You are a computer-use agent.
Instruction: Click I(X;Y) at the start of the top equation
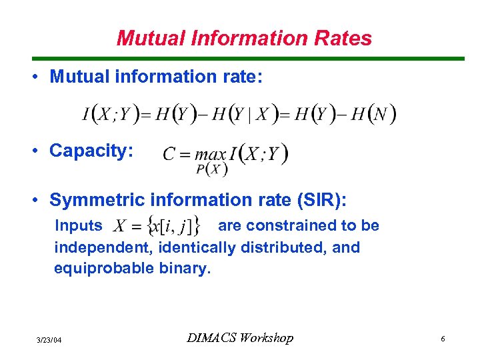point(109,114)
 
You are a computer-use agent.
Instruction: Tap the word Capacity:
point(91,151)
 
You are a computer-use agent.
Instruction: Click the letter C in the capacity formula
point(169,155)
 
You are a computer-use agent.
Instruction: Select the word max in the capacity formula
point(210,155)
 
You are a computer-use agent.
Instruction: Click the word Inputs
point(78,226)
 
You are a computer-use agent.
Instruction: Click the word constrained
point(279,226)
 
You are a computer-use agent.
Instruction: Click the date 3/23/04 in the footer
point(49,341)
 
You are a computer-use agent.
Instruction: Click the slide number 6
point(443,340)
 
